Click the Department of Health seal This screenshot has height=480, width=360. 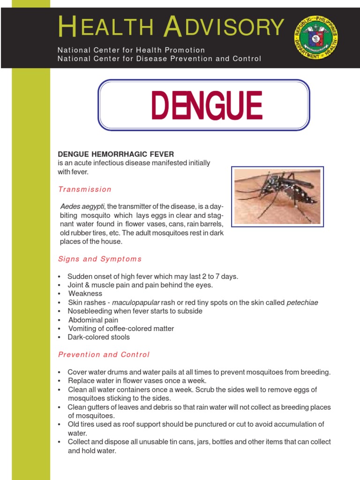pyautogui.click(x=316, y=37)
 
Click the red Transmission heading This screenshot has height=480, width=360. pyautogui.click(x=85, y=189)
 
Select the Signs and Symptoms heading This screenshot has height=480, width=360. pyautogui.click(x=100, y=259)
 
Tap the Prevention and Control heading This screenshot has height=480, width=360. pyautogui.click(x=104, y=355)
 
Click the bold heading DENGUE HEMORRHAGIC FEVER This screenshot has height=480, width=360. pyautogui.click(x=116, y=154)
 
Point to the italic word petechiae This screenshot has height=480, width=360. pyautogui.click(x=302, y=302)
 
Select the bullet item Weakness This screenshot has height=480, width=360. pyautogui.click(x=85, y=293)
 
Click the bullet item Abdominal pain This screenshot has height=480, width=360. pyautogui.click(x=93, y=320)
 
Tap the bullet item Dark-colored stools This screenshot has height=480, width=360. pyautogui.click(x=99, y=337)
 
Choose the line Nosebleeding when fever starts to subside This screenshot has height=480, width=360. pyautogui.click(x=135, y=311)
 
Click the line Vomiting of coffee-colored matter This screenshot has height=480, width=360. pyautogui.click(x=121, y=329)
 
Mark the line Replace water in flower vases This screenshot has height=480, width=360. pyautogui.click(x=137, y=381)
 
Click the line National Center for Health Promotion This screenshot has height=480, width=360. pyautogui.click(x=131, y=50)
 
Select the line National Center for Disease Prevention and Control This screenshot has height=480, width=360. pyautogui.click(x=159, y=59)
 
